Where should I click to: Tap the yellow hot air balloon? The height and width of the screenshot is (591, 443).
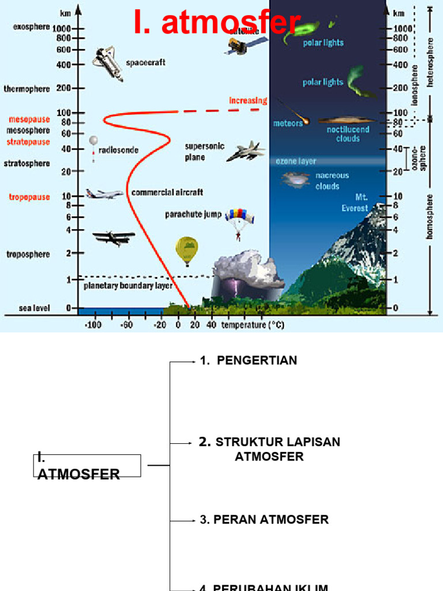(x=186, y=249)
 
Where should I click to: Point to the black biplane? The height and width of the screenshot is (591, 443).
(x=113, y=237)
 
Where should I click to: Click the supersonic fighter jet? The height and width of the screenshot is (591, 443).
(x=246, y=151)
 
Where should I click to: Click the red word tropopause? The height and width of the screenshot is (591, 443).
(x=29, y=197)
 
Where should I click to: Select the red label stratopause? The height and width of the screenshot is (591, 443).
(x=28, y=141)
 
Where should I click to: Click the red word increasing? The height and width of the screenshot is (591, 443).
(x=248, y=100)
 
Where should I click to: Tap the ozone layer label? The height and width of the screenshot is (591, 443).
(x=295, y=162)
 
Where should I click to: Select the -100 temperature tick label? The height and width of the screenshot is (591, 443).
(x=93, y=326)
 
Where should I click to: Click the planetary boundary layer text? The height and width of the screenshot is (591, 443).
(x=128, y=286)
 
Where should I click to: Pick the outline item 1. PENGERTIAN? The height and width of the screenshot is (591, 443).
(x=249, y=361)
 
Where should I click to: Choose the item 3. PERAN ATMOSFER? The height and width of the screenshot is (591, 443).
(x=264, y=519)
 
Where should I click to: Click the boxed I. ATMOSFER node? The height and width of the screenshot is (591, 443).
(x=86, y=466)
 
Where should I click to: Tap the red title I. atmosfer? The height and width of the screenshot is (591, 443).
(x=217, y=23)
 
